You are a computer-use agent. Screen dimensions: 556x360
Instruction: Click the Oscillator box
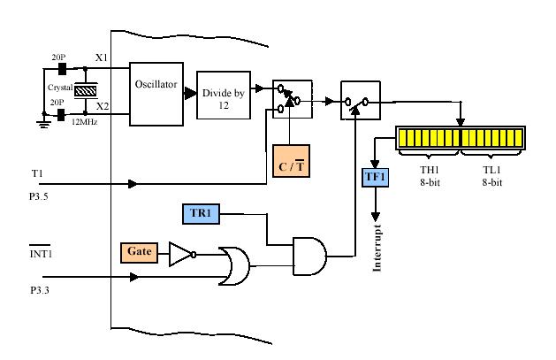(156, 94)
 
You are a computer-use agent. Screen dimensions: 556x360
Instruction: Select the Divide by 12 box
(224, 95)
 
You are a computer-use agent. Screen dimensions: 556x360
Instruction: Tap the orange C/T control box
(291, 161)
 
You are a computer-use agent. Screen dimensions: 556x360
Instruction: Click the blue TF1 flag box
(375, 177)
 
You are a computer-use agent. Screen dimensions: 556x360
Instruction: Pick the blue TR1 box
(201, 214)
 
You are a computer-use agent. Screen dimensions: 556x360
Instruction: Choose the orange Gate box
(139, 253)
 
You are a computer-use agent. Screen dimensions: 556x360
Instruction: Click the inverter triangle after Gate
(182, 255)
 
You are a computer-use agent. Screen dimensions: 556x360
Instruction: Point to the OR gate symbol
(234, 266)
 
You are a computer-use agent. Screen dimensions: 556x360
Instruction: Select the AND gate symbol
(309, 257)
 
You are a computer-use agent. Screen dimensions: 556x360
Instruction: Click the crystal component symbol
(86, 91)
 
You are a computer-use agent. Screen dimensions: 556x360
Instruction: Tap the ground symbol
(43, 123)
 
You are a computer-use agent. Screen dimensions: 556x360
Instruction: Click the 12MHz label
(84, 122)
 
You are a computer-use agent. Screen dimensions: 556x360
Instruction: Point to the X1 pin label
(102, 57)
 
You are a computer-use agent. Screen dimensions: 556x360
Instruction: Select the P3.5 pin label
(39, 196)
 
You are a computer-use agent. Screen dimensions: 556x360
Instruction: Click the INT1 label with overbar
(41, 252)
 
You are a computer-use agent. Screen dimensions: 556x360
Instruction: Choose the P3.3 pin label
(40, 290)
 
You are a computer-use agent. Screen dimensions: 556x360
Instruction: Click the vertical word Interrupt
(377, 248)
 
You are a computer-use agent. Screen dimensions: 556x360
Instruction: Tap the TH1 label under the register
(430, 170)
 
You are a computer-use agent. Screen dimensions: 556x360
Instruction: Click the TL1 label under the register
(492, 170)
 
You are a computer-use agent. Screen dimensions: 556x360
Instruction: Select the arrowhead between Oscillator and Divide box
(190, 94)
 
